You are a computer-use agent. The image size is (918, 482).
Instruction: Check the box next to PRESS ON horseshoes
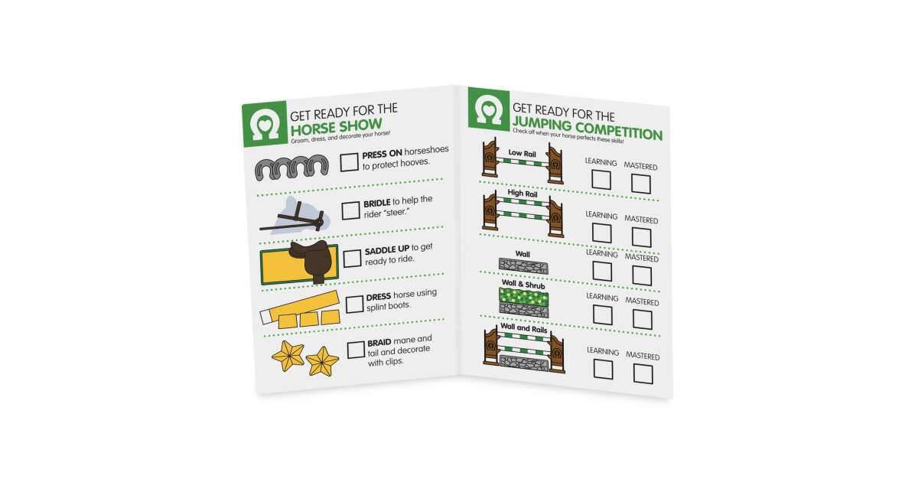click(349, 162)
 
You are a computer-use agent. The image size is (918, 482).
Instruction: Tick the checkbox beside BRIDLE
click(350, 210)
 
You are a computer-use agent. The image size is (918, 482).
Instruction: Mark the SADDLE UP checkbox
click(352, 259)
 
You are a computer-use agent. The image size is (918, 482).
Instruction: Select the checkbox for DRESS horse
click(354, 305)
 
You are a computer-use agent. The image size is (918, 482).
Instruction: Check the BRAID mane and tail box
click(356, 350)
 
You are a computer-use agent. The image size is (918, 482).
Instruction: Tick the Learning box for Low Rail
click(601, 180)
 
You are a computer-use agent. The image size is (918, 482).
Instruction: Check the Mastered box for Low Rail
click(641, 184)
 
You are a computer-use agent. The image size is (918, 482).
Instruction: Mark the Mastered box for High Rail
click(642, 237)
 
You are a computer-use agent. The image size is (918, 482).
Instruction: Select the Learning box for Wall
click(603, 272)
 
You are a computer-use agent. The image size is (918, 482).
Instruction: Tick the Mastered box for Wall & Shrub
click(643, 319)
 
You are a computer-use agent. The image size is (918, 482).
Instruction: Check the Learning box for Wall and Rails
click(604, 370)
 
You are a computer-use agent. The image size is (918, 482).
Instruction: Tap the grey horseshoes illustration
click(291, 168)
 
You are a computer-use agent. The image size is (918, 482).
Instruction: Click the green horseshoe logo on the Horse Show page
click(265, 124)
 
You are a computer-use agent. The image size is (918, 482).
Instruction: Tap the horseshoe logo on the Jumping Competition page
click(489, 109)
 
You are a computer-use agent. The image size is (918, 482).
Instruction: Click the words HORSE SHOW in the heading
click(337, 127)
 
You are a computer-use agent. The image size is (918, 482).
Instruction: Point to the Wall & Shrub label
click(523, 284)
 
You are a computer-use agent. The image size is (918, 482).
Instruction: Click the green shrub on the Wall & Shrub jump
click(524, 297)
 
